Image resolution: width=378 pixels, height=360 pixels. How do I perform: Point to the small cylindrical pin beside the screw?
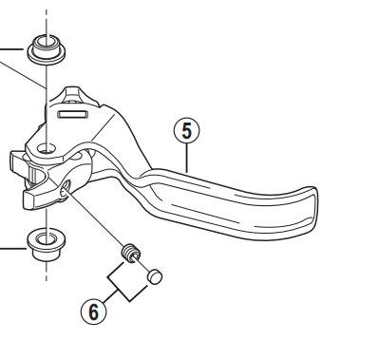click(x=156, y=277)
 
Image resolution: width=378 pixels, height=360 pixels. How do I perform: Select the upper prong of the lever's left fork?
click(x=21, y=160)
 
